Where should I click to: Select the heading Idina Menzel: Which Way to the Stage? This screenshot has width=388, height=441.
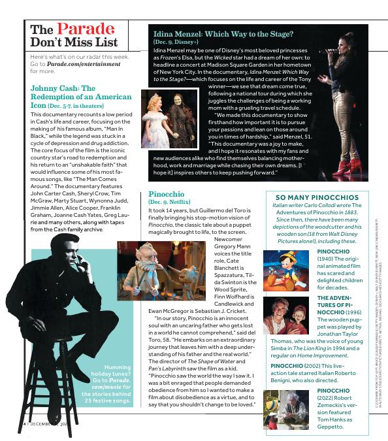pos(223,34)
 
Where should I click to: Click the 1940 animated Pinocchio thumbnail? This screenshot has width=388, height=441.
pos(285,269)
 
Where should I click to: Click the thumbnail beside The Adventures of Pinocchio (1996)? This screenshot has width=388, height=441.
pos(285,315)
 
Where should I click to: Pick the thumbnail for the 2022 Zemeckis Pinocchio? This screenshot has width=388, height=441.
pos(285,409)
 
